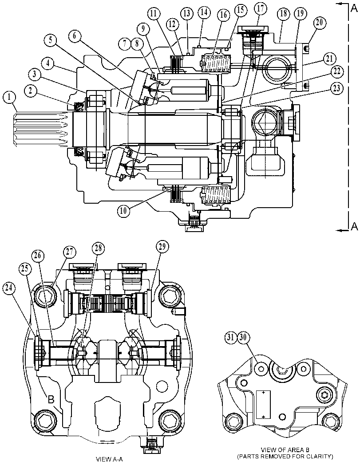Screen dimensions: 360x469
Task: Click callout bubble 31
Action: [230, 338]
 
